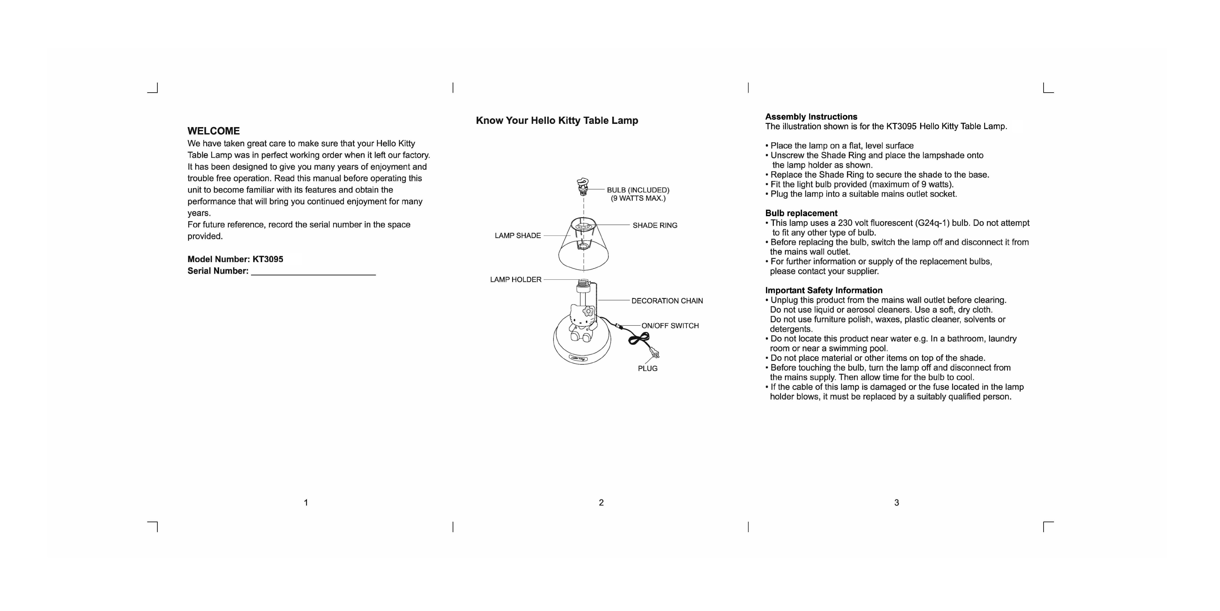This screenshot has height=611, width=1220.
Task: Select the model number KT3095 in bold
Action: (268, 259)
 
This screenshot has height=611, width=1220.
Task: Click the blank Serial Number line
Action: (313, 272)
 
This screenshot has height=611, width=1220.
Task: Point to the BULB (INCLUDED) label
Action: (638, 190)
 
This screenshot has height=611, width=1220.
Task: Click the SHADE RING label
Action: (654, 225)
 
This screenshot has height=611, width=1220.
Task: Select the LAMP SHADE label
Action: (517, 235)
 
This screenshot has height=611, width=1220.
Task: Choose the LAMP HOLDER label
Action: (515, 280)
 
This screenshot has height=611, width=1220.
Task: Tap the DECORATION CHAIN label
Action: (667, 301)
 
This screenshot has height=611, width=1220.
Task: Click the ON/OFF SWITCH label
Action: (670, 326)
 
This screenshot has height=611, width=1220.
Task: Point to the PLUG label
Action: (647, 368)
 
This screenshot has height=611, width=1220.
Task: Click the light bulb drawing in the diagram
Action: (582, 187)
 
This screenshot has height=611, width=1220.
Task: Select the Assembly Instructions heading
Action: (811, 117)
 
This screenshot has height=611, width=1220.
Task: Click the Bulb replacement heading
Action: (801, 213)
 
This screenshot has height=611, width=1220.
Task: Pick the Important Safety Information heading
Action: (824, 290)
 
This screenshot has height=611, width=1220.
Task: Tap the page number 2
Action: (601, 503)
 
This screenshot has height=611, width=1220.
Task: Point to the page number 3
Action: (896, 503)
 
